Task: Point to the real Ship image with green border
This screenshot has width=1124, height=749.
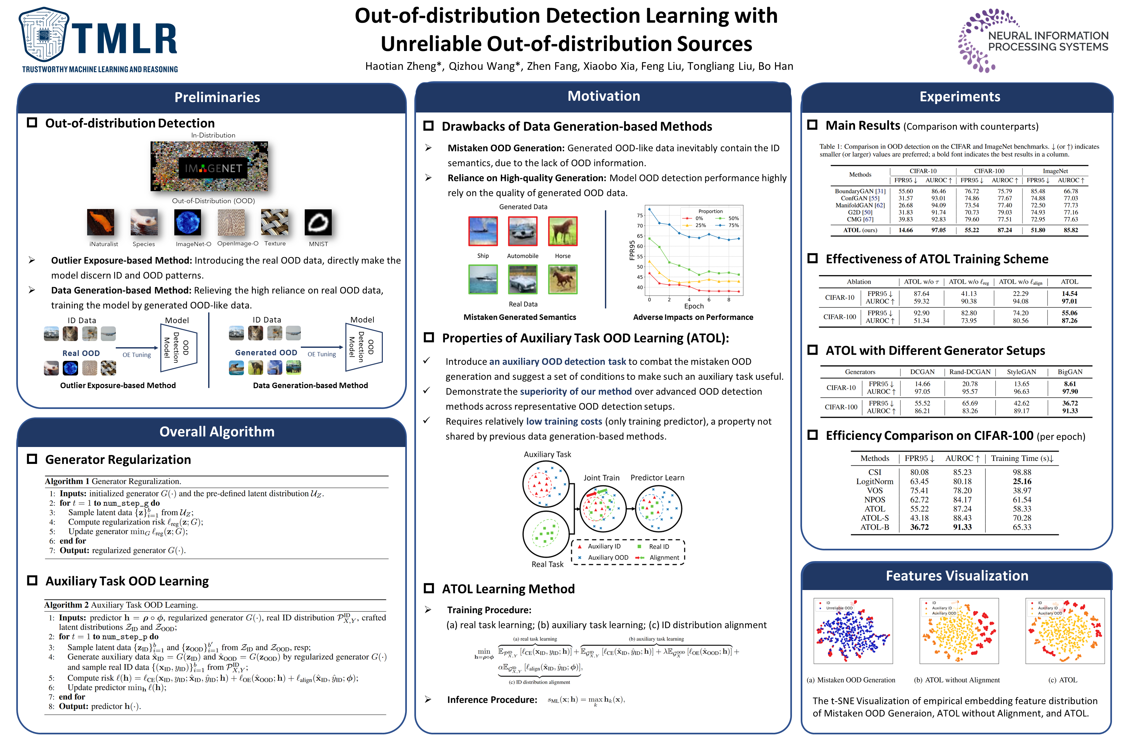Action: (483, 279)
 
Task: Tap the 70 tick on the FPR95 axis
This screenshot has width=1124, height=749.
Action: (640, 226)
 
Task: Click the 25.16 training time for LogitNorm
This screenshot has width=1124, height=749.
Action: (1022, 481)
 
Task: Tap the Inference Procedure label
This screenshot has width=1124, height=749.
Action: (492, 700)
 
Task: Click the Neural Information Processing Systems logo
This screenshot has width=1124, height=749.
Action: (1032, 41)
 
